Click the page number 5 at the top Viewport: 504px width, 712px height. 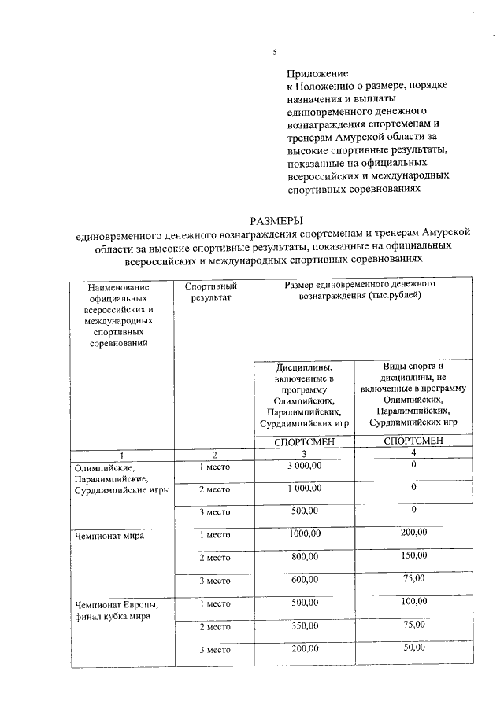pos(275,52)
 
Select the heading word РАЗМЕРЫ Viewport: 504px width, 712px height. pos(276,221)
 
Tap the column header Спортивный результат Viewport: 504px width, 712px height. pos(211,291)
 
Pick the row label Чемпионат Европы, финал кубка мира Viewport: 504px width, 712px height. pos(117,610)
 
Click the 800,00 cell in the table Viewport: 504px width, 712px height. pos(304,557)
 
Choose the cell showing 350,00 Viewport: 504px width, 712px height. pos(304,625)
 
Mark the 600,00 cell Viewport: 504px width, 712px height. pos(304,580)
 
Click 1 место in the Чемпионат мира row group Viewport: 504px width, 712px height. pos(213,535)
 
